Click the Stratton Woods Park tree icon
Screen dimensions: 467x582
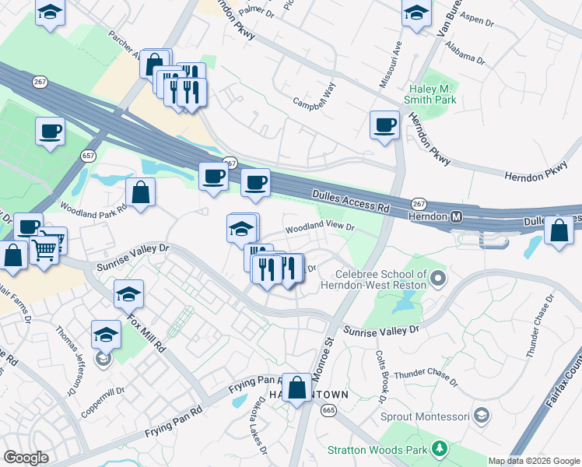440,448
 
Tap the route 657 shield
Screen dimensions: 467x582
85,155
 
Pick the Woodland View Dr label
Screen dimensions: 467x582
320,229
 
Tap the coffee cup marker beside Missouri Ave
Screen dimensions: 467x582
384,125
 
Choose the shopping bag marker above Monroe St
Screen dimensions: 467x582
297,387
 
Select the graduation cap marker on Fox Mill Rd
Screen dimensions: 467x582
128,295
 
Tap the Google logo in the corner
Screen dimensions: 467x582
26,458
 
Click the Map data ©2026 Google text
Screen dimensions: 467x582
534,461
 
